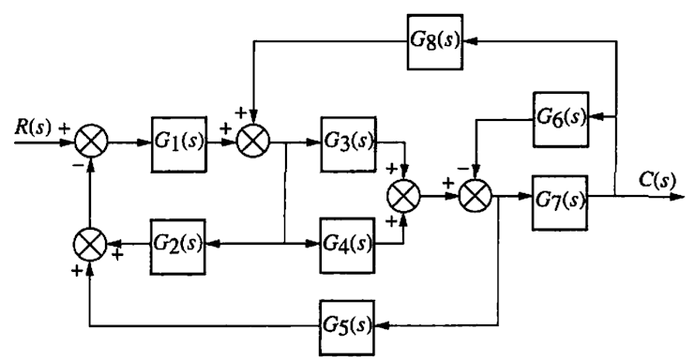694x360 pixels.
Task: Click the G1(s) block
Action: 177,143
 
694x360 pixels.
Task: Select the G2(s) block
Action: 177,246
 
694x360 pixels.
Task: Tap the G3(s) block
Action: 347,143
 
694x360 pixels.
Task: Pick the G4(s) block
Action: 347,246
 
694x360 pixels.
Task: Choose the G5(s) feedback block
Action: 347,325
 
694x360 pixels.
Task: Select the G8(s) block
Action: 434,42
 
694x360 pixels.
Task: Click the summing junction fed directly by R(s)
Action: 90,144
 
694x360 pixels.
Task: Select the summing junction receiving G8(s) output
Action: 252,144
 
